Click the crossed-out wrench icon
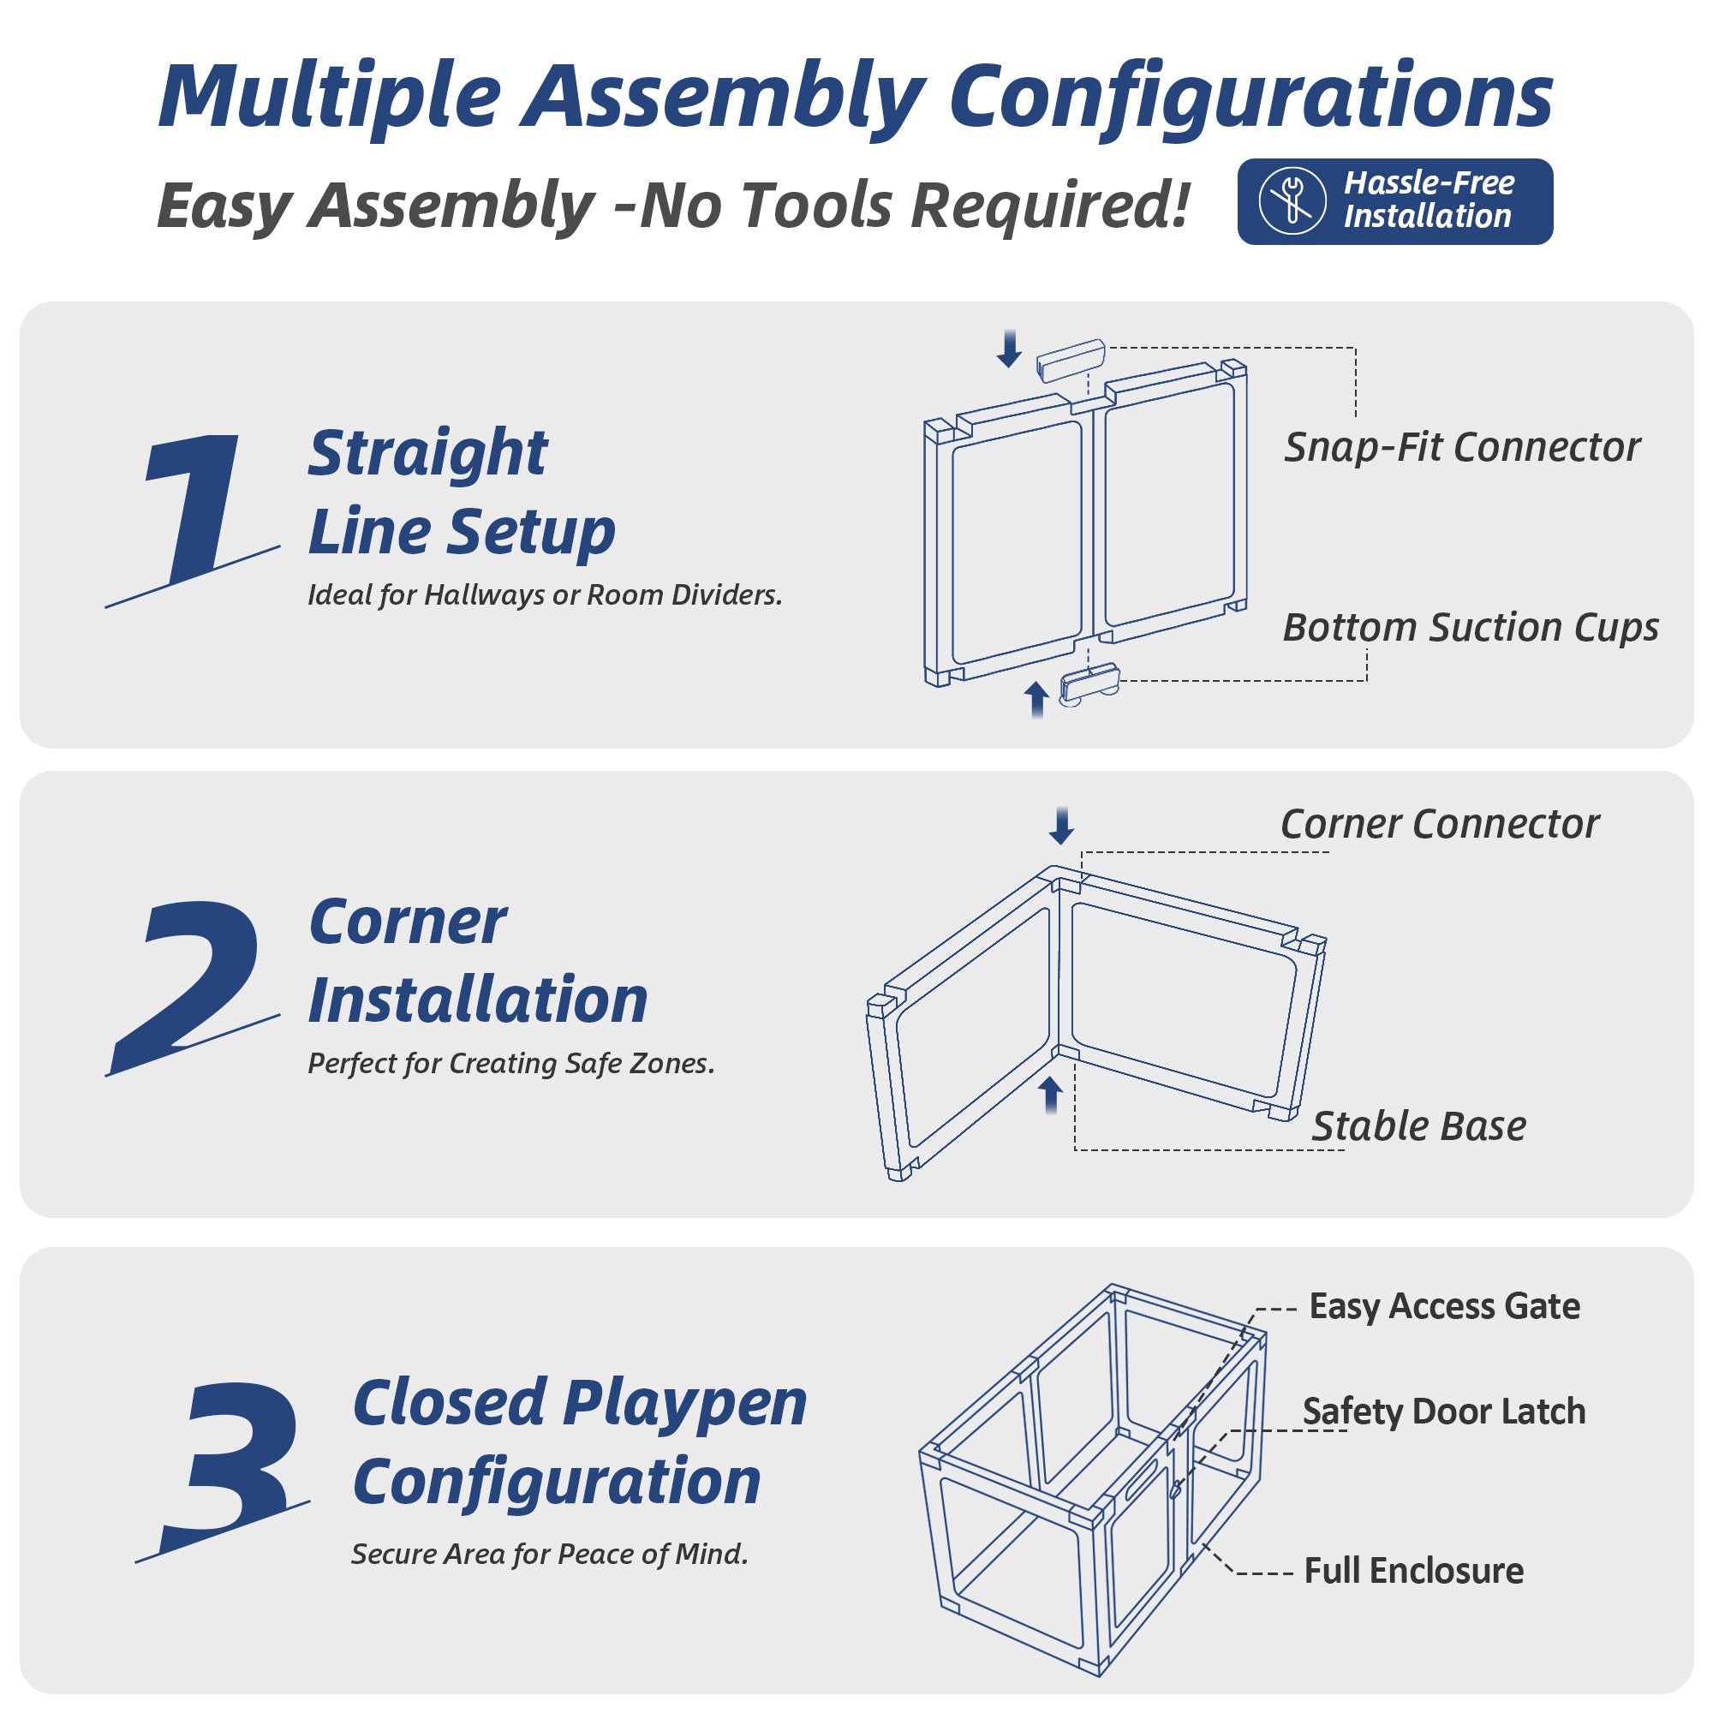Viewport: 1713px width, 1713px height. (x=1292, y=201)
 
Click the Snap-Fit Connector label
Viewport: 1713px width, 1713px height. (x=1462, y=448)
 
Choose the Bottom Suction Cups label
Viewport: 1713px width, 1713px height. (x=1471, y=628)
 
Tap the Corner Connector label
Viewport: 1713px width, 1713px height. (x=1440, y=825)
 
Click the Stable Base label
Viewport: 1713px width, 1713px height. (x=1418, y=1126)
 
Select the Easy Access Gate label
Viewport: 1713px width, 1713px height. (x=1444, y=1307)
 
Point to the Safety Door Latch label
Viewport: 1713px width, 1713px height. (x=1443, y=1412)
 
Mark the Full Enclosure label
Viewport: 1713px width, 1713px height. (x=1413, y=1570)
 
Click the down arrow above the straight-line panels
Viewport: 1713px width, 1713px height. (x=1009, y=348)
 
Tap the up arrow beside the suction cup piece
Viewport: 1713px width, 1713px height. (x=1036, y=700)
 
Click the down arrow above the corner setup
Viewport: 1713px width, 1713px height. (x=1061, y=826)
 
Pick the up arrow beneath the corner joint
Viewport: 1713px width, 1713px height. (x=1051, y=1095)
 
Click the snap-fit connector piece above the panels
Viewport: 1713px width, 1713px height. (x=1071, y=359)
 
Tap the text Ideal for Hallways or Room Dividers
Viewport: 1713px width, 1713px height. (x=546, y=595)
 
